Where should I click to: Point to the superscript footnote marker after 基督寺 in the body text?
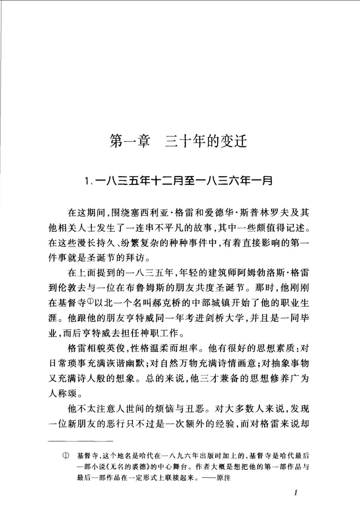click(91, 300)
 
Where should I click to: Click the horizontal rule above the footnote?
click(81, 441)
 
